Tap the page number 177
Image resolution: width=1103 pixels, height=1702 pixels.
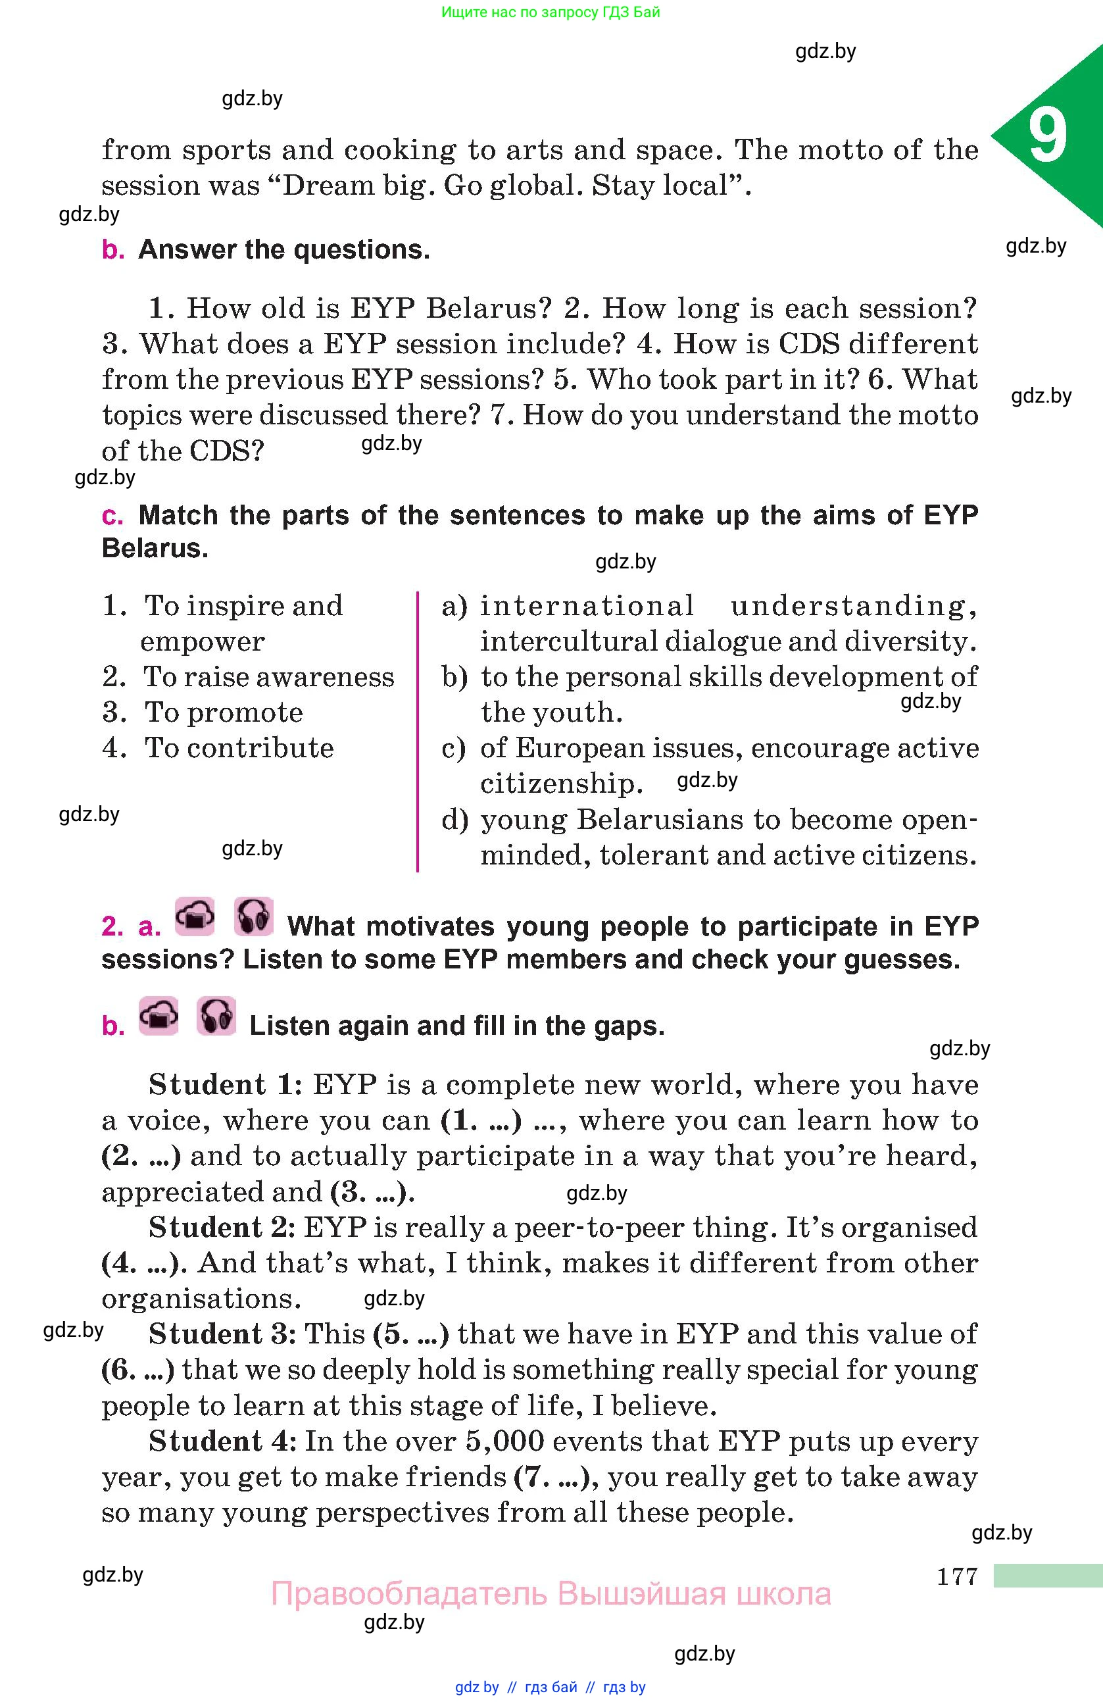956,1576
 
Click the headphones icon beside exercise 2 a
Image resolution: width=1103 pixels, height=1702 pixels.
253,917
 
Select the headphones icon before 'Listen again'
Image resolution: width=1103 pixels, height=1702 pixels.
216,1016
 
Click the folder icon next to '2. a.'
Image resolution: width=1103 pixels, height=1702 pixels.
195,917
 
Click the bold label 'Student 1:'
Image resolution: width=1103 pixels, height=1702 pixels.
226,1085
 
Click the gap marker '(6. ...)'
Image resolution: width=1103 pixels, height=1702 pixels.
138,1370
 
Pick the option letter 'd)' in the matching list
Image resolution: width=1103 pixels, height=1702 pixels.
454,820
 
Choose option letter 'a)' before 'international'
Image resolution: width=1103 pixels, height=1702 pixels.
454,607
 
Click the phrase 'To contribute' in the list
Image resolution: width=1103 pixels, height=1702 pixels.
239,748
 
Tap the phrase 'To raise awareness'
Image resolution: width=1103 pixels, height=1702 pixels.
269,676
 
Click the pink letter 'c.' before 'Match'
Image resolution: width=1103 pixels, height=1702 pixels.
112,516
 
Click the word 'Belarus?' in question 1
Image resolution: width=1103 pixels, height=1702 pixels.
489,308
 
